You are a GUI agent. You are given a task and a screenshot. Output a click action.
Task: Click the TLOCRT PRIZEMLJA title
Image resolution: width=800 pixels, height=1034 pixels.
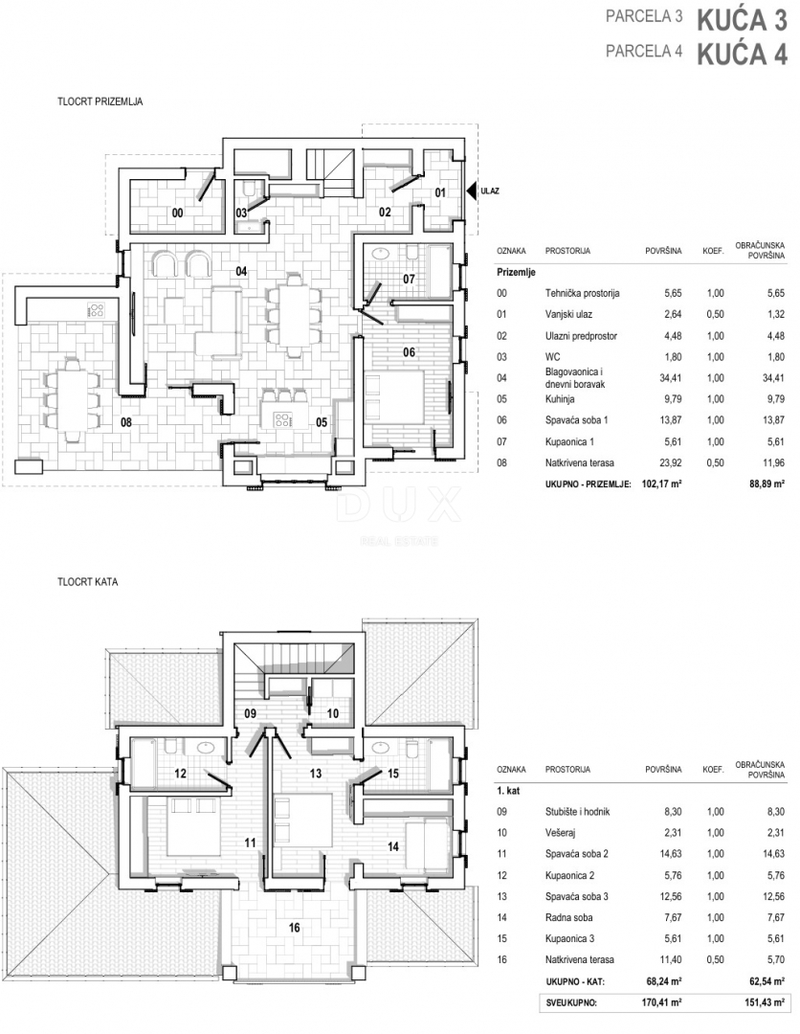[100, 101]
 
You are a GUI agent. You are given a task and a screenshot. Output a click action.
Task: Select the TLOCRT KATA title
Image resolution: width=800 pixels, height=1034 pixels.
[87, 581]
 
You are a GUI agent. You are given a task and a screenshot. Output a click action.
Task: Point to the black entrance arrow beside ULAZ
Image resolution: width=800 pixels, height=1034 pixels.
[471, 191]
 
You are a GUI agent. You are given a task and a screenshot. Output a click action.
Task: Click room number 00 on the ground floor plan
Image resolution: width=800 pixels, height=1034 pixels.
[177, 214]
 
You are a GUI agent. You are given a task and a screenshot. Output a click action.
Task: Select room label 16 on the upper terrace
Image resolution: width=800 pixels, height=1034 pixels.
[294, 928]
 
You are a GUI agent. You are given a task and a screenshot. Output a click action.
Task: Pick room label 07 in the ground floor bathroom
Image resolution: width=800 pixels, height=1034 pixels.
[409, 279]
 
